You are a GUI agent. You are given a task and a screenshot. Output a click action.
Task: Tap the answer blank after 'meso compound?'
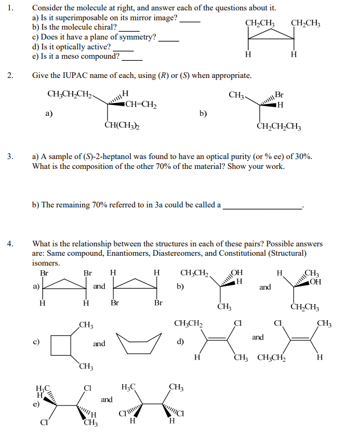tap(132, 59)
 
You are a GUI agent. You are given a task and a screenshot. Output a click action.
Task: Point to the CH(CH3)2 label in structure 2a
tap(122, 125)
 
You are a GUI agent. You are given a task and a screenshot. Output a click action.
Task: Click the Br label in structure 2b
tap(279, 95)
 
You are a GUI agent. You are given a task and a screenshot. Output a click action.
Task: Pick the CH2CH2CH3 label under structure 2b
tap(279, 126)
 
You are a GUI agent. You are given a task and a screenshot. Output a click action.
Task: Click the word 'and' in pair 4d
tap(258, 337)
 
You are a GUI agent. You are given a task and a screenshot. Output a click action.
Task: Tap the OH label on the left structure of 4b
tap(236, 273)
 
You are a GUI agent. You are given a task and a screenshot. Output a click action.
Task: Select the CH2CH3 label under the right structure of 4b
tap(305, 307)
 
